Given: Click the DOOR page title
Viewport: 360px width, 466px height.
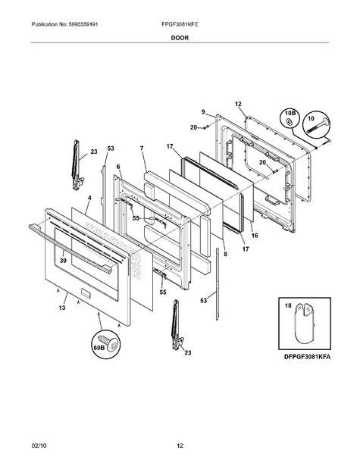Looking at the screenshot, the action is tap(180, 38).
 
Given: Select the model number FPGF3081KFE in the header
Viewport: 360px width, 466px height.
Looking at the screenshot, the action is tap(180, 24).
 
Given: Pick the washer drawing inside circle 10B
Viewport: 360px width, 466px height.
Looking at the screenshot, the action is tap(288, 121).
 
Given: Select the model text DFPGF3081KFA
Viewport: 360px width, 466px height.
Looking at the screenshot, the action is tap(307, 357).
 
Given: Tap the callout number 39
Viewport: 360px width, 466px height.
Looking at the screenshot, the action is tap(63, 261).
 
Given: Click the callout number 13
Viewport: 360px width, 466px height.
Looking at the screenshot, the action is tap(62, 308).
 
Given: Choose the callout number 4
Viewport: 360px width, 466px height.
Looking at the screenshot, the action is tap(89, 198).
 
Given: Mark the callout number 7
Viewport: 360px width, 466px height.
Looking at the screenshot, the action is tap(142, 148).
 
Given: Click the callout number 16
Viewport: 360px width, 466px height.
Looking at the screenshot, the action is tap(255, 236).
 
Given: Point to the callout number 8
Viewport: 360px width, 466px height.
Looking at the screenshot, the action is tap(226, 254).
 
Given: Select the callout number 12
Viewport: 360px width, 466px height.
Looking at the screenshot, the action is tap(238, 104).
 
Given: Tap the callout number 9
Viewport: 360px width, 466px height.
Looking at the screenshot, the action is tap(203, 111).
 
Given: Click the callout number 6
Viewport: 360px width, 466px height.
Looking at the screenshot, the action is tap(118, 167).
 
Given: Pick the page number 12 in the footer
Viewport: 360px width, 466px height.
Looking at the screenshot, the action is tap(180, 446).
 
